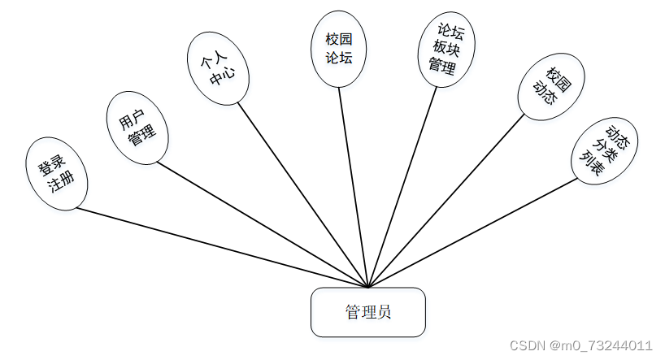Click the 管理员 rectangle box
(x=367, y=312)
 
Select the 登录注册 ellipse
(x=56, y=176)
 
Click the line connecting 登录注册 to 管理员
(x=219, y=247)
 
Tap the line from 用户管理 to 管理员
(x=260, y=223)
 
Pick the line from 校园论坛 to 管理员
(x=354, y=187)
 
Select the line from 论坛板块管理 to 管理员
(x=402, y=187)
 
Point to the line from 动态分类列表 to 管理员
(x=472, y=232)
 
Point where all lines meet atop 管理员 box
(x=368, y=287)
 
